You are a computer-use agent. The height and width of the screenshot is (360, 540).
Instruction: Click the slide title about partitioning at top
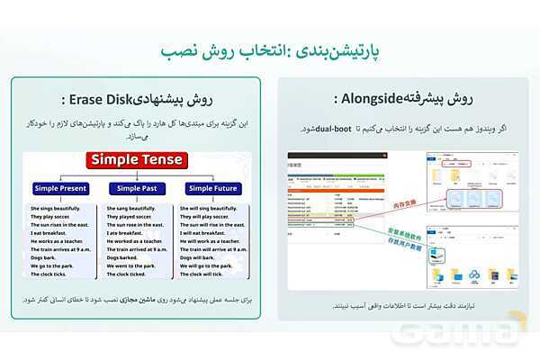click(x=269, y=50)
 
